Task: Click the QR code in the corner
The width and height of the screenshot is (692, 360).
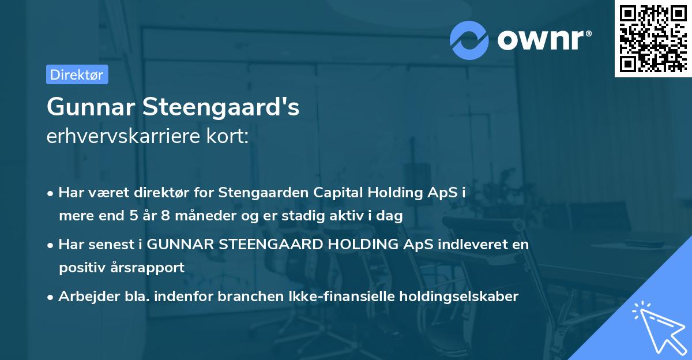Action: (x=652, y=39)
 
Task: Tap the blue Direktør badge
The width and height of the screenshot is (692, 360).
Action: (x=77, y=74)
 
